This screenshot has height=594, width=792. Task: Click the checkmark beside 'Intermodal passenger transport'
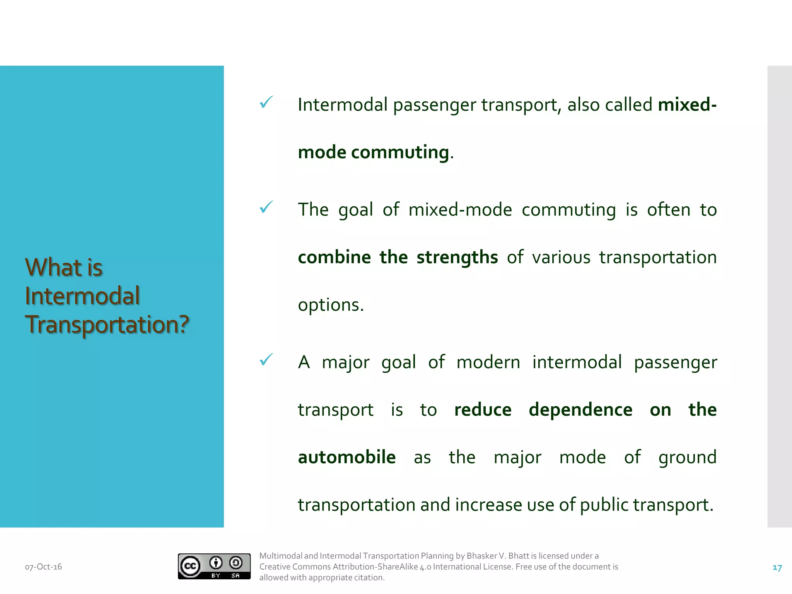click(x=266, y=102)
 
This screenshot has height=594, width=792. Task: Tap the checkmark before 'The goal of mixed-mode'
click(x=266, y=207)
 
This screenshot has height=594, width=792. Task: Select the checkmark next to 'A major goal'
click(x=266, y=360)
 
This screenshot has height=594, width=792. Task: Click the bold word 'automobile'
click(x=346, y=457)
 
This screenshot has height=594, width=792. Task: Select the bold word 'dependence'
click(x=580, y=410)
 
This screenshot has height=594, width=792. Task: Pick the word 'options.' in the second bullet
click(x=331, y=305)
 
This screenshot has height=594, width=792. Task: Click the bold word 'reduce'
click(x=483, y=410)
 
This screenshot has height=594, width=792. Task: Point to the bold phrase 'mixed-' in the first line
click(x=687, y=105)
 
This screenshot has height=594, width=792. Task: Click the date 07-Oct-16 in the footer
click(x=43, y=567)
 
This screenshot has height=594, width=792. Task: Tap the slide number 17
click(x=777, y=568)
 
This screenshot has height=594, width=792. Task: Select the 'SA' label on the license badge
click(x=236, y=576)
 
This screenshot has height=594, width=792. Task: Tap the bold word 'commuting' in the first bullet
click(x=400, y=152)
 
